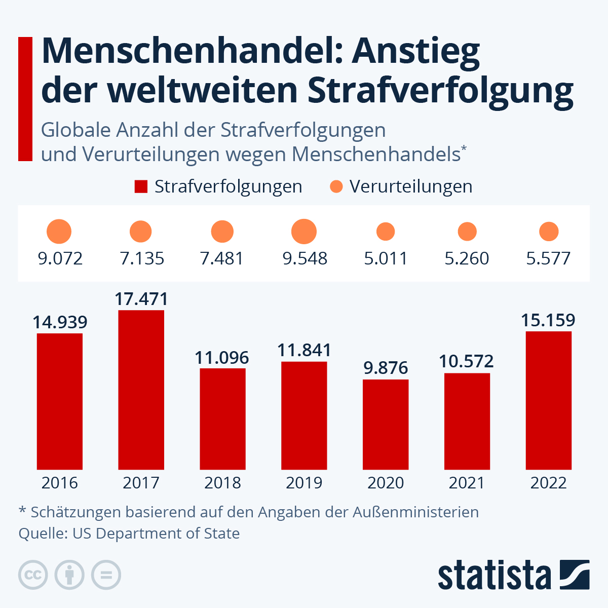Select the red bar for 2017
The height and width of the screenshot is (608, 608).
141,390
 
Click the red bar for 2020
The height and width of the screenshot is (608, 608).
386,425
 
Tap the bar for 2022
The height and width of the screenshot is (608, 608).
548,400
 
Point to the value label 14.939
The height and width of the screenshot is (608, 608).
60,322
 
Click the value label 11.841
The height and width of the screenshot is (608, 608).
304,350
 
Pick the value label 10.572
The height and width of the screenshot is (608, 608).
466,361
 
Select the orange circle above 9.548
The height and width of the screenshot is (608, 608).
304,232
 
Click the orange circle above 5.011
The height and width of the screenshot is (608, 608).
386,232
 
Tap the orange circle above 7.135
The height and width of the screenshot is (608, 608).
141,232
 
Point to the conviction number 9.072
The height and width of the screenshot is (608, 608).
60,258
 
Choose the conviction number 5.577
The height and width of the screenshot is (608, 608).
548,258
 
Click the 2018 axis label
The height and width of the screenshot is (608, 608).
222,483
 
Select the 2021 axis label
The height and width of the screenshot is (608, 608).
467,483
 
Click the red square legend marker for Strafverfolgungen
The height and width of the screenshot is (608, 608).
141,186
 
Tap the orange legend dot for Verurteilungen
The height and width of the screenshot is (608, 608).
336,186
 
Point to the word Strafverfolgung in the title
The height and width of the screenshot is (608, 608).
440,90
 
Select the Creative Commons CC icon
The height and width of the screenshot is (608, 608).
33,575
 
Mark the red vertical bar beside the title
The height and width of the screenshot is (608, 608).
25,99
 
